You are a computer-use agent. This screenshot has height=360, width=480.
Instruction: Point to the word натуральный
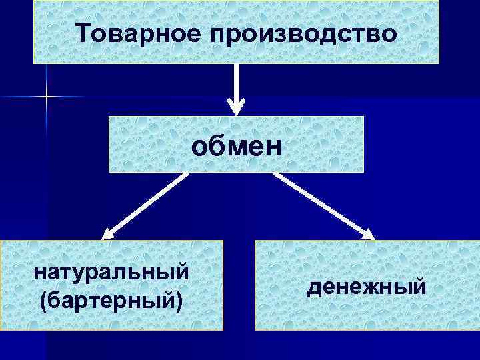point(111,273)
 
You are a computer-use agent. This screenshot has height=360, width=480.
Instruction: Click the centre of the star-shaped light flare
point(47,97)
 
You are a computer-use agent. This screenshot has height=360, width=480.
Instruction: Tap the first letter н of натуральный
point(39,273)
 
